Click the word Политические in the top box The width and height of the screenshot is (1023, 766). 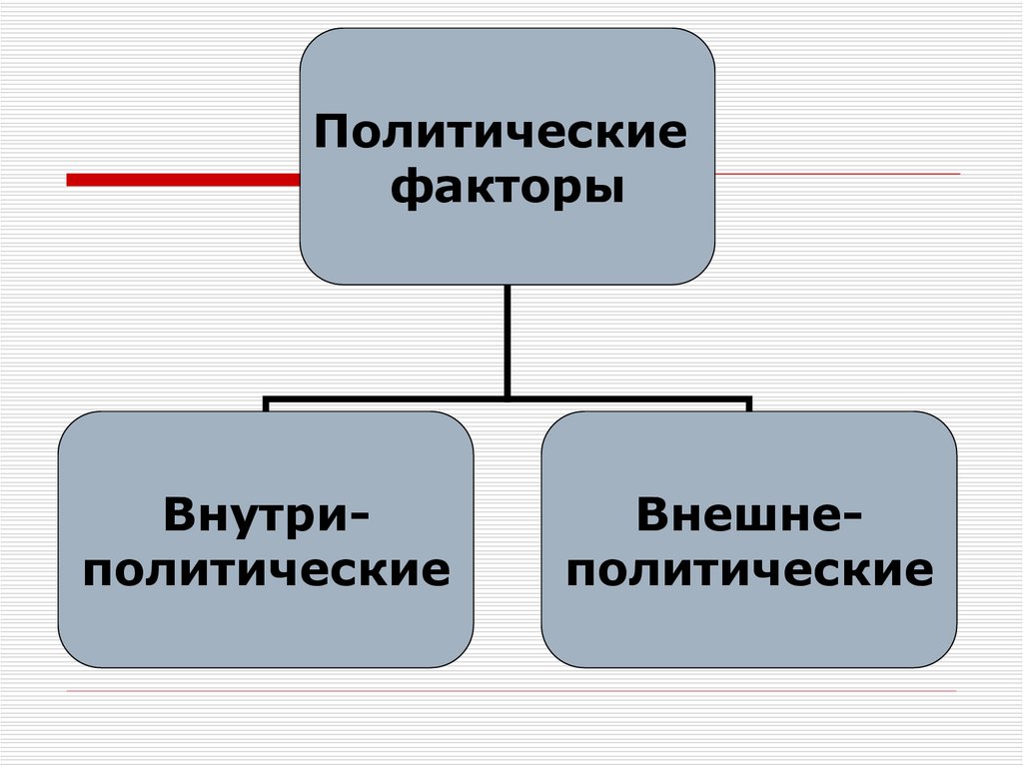coord(502,133)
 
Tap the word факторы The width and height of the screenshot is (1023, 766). coord(508,187)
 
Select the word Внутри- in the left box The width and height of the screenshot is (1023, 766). coord(266,516)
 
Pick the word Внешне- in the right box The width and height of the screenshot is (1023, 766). coord(749,516)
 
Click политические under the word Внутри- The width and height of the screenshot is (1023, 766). coord(266,570)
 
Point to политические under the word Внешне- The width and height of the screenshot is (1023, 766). coord(749,570)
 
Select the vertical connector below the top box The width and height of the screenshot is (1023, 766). coord(508,340)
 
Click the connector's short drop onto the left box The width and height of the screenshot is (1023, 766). coord(266,405)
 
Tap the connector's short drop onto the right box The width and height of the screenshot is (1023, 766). coord(749,405)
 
